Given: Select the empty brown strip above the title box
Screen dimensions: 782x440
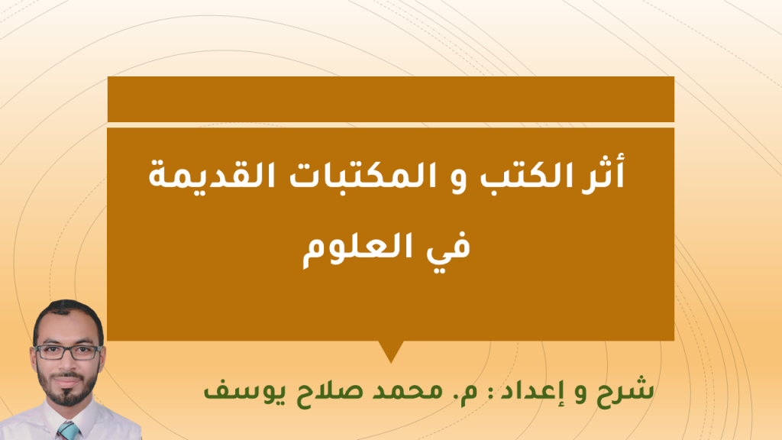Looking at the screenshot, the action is click(x=391, y=99).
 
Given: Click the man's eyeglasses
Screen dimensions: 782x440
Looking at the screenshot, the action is click(x=68, y=352).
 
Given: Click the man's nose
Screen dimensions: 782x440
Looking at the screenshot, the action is click(x=67, y=363).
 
